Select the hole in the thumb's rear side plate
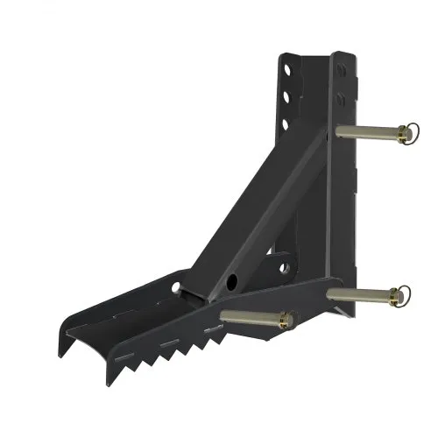(x=178, y=288)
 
